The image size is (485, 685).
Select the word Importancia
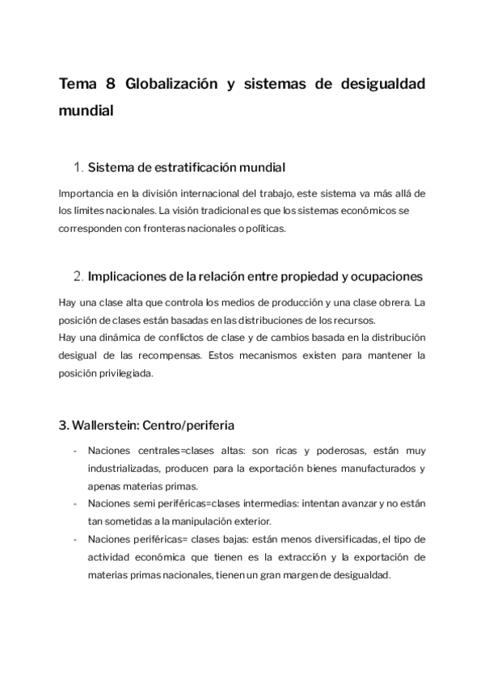coord(85,193)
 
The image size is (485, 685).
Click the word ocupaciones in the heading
coord(382,277)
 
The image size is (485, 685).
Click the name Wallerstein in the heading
coord(109,424)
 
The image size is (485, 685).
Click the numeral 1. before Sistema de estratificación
coord(78,168)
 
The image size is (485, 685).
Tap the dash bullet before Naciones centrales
coord(75,451)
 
